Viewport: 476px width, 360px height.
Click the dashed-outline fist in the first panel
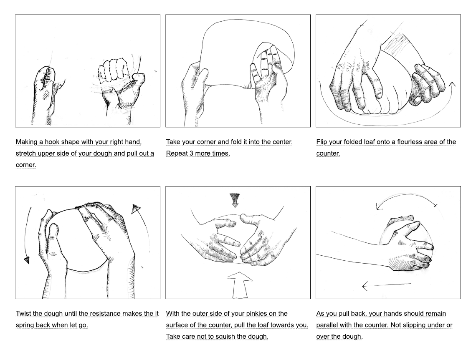tap(113, 70)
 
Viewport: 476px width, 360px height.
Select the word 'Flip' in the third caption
tap(322, 142)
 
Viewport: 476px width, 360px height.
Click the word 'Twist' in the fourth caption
tap(23, 314)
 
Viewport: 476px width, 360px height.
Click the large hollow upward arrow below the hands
tap(240, 285)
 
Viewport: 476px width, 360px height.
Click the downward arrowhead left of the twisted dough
tap(27, 260)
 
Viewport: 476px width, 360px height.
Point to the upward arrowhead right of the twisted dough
tap(136, 209)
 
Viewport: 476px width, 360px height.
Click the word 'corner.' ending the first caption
tap(26, 165)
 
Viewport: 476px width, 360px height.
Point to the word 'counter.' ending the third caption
tap(328, 154)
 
